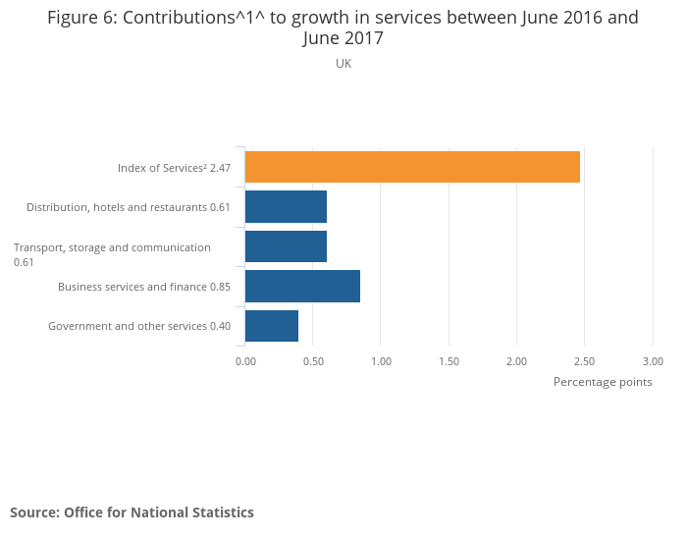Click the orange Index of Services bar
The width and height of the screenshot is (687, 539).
click(412, 167)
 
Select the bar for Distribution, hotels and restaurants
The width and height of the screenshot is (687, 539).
click(286, 207)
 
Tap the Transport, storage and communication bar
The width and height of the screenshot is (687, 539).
click(286, 246)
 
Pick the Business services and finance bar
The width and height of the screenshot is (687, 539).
click(302, 286)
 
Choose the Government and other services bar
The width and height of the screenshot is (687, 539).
click(272, 325)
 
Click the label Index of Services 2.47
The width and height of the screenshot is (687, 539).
click(174, 168)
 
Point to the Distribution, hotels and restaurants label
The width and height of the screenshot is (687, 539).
click(128, 207)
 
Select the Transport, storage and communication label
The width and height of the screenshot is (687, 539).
click(112, 254)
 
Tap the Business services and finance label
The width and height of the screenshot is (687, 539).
click(144, 287)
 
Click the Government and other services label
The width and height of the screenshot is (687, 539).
click(139, 326)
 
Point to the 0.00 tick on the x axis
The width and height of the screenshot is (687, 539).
click(245, 361)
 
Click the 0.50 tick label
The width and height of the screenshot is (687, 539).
click(313, 361)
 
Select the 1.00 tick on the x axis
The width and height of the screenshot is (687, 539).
click(381, 361)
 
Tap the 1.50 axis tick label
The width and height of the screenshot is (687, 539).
click(449, 361)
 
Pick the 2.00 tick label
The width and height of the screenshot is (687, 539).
click(516, 361)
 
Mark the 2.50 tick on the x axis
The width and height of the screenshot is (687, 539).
click(585, 361)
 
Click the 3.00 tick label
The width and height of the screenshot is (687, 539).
click(653, 361)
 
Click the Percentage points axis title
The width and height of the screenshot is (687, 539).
click(603, 382)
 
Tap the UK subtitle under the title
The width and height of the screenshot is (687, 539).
click(343, 64)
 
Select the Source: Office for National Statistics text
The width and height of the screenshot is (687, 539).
click(132, 512)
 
